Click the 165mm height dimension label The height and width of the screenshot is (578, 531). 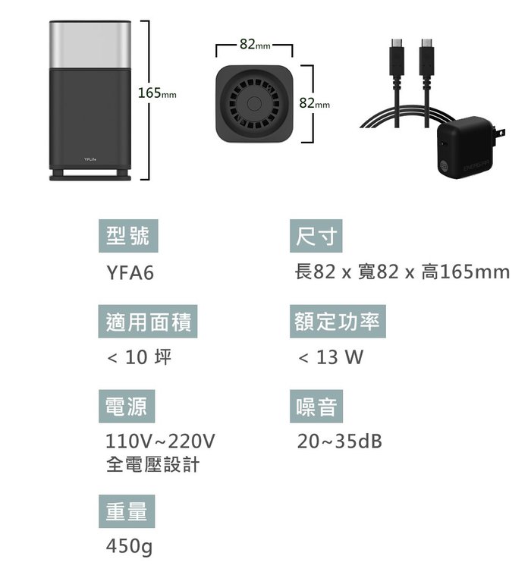pyautogui.click(x=157, y=93)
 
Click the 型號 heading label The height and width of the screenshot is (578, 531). pyautogui.click(x=127, y=237)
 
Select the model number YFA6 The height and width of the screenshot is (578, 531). pyautogui.click(x=130, y=272)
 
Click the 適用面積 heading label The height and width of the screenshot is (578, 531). pyautogui.click(x=149, y=322)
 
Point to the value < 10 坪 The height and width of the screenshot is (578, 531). pyautogui.click(x=138, y=357)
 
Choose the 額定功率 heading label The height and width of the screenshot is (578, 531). pyautogui.click(x=338, y=322)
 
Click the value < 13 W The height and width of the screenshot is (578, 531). pyautogui.click(x=331, y=357)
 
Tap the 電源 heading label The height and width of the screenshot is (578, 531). pyautogui.click(x=127, y=407)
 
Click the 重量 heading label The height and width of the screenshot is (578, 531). pyautogui.click(x=127, y=511)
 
